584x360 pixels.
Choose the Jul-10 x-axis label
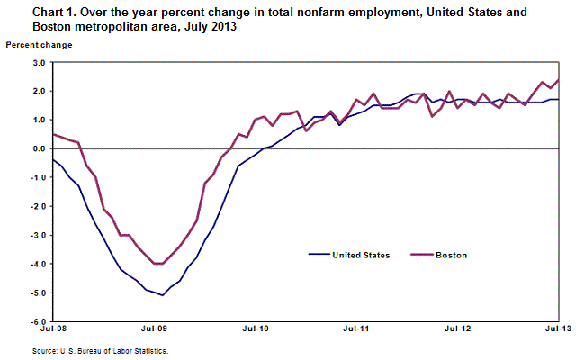(256, 332)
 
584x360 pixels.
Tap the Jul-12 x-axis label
(459, 332)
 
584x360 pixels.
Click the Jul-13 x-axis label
(558, 332)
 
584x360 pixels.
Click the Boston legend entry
(451, 256)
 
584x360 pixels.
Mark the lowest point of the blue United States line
(162, 295)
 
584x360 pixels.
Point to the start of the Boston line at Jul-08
(53, 134)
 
